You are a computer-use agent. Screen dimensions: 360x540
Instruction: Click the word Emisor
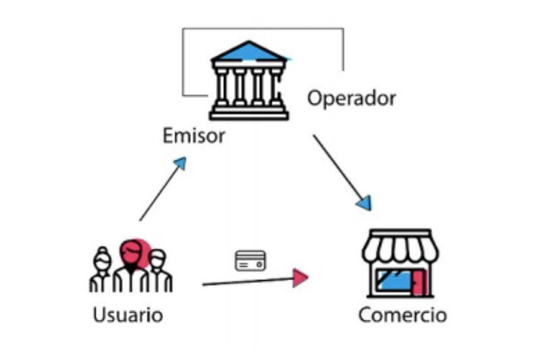193,136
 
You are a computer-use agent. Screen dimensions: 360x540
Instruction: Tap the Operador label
351,99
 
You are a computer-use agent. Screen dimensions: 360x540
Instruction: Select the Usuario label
128,315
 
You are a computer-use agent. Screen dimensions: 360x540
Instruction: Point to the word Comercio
402,315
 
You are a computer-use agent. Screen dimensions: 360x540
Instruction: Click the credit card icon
250,261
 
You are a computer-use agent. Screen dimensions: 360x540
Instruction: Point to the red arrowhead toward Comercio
300,277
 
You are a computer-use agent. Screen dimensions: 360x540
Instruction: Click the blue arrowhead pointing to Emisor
180,163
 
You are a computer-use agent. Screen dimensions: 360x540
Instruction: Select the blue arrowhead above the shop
364,203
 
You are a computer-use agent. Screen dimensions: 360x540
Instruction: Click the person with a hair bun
102,270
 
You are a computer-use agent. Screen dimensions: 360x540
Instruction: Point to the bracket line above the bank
263,28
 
